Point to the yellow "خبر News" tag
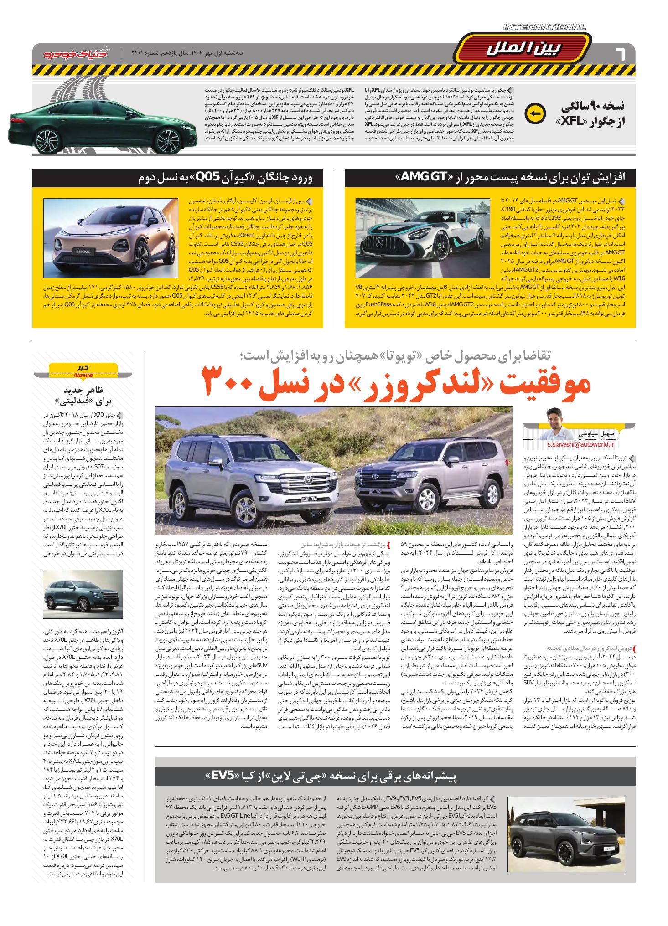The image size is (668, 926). [x=83, y=370]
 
